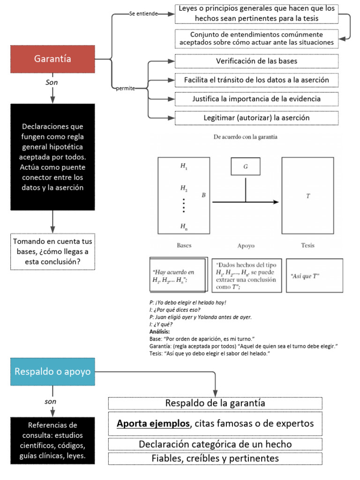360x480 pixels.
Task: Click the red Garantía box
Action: click(x=52, y=59)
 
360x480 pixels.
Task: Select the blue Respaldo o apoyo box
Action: click(x=52, y=372)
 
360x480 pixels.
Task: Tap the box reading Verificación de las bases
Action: click(x=256, y=61)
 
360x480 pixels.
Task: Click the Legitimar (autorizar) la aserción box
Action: click(x=256, y=118)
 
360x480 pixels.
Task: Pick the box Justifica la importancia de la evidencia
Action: click(x=256, y=99)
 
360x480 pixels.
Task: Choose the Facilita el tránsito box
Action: click(x=256, y=80)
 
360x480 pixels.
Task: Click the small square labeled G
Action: click(x=245, y=166)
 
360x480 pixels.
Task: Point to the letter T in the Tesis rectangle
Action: click(x=308, y=196)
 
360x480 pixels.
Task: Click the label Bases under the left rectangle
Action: click(x=184, y=245)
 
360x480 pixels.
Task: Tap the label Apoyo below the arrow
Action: click(x=245, y=245)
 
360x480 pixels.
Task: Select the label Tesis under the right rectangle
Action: click(x=308, y=245)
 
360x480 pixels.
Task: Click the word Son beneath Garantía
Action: click(x=52, y=82)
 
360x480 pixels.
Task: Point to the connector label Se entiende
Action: click(x=143, y=14)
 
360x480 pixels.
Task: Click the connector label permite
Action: click(x=125, y=89)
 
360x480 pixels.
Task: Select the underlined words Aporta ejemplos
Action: click(x=153, y=424)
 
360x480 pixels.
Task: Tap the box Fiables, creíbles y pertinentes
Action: click(x=215, y=458)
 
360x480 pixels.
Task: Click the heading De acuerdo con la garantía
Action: click(x=245, y=137)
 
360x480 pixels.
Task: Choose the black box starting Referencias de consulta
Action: click(x=52, y=441)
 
